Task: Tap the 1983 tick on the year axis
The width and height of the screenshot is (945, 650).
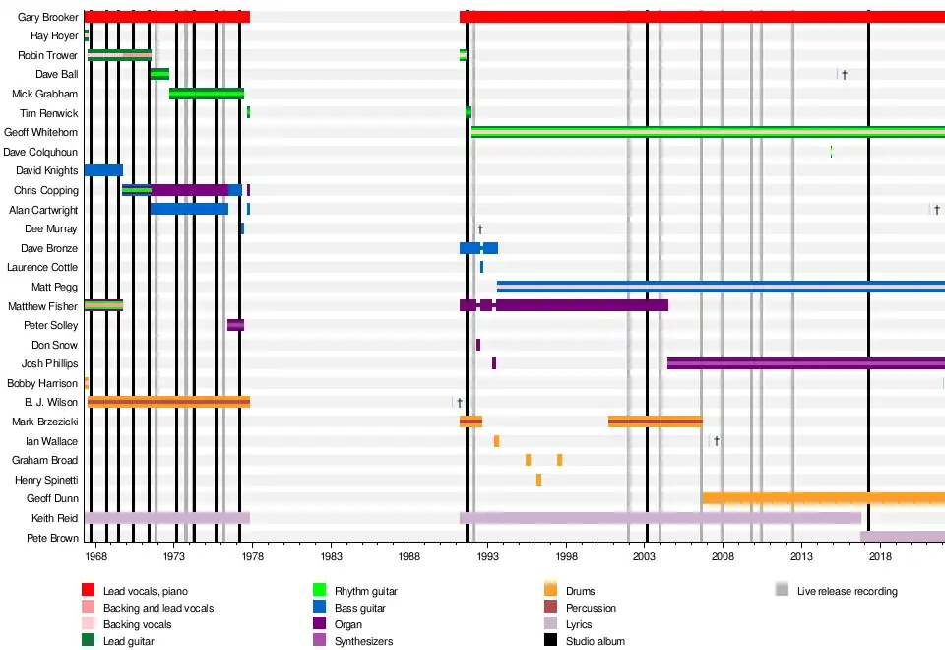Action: [331, 556]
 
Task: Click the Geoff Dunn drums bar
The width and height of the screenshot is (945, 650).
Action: [823, 498]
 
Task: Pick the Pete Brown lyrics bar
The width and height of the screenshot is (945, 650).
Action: [902, 537]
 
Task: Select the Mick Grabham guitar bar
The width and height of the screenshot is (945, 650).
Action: [207, 94]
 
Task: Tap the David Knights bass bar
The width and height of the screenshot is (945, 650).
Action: [103, 170]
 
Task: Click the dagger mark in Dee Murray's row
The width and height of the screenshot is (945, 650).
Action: [480, 228]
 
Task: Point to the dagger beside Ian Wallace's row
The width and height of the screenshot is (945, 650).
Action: [717, 441]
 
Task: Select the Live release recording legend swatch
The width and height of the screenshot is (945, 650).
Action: [782, 591]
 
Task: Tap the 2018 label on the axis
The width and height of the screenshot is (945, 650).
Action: [879, 556]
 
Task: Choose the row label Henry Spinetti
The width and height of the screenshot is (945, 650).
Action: [46, 480]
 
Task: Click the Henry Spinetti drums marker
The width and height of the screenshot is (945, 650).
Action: [538, 480]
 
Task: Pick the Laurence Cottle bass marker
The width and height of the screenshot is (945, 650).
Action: [481, 267]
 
